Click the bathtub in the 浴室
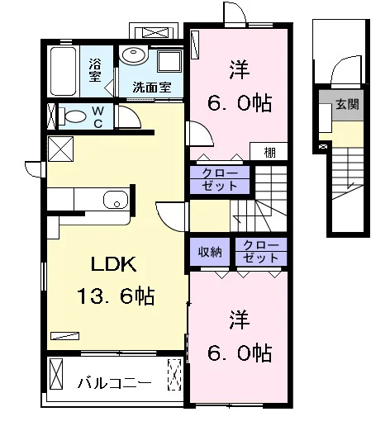click(x=63, y=71)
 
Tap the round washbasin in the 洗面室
click(x=134, y=56)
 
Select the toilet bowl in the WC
click(x=74, y=116)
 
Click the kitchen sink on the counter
click(x=116, y=200)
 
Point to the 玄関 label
click(x=347, y=105)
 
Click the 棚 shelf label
click(x=269, y=152)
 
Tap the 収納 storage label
click(x=210, y=252)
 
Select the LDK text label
click(x=113, y=264)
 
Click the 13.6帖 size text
click(x=116, y=296)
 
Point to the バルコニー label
click(x=115, y=383)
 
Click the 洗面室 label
click(x=152, y=88)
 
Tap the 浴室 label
click(x=95, y=70)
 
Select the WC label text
click(x=98, y=117)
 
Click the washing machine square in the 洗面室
click(x=169, y=61)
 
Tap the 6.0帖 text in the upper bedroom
click(x=240, y=103)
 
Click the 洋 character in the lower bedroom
click(x=240, y=320)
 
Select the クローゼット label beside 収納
click(x=261, y=252)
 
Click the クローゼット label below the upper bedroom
click(x=220, y=180)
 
